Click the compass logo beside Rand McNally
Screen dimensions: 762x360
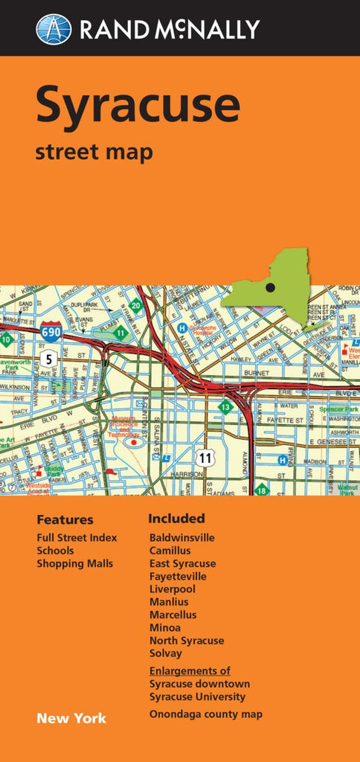coord(54,29)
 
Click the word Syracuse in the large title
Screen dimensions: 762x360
coord(138,105)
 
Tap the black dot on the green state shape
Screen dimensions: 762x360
coord(270,287)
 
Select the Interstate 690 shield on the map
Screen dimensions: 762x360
coord(51,332)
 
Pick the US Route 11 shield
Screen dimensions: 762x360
coord(206,458)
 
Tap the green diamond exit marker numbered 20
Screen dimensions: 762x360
coord(135,305)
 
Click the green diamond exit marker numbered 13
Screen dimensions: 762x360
coord(225,407)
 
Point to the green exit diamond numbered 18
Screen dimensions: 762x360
coord(261,490)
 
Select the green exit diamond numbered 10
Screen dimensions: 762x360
coord(7,340)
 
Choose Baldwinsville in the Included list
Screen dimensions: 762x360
coord(181,537)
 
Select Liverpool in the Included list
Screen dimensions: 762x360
coord(173,589)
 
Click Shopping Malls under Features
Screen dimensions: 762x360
coord(75,563)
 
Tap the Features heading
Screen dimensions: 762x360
coord(65,519)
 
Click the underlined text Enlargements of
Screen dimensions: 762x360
coord(190,670)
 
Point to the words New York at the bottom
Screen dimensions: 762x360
coord(71,718)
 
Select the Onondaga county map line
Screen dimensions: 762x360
coord(205,714)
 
